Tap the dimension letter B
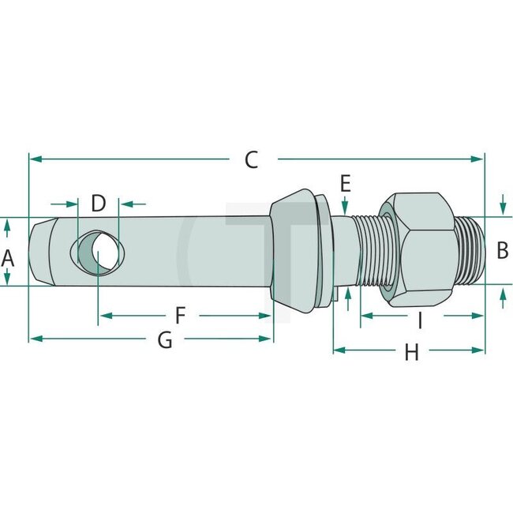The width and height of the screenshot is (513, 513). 502,251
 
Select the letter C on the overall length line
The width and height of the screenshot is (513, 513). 251,159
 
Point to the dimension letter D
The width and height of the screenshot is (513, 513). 98,203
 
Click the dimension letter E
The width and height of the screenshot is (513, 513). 345,184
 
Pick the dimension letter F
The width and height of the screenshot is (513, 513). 180,316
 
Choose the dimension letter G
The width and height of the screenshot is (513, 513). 165,339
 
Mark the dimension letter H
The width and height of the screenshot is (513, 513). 411,353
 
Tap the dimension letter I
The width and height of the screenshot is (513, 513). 420,320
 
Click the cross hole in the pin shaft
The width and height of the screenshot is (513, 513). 98,251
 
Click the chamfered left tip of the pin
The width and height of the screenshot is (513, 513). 39,251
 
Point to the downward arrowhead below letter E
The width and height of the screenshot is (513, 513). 345,208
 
